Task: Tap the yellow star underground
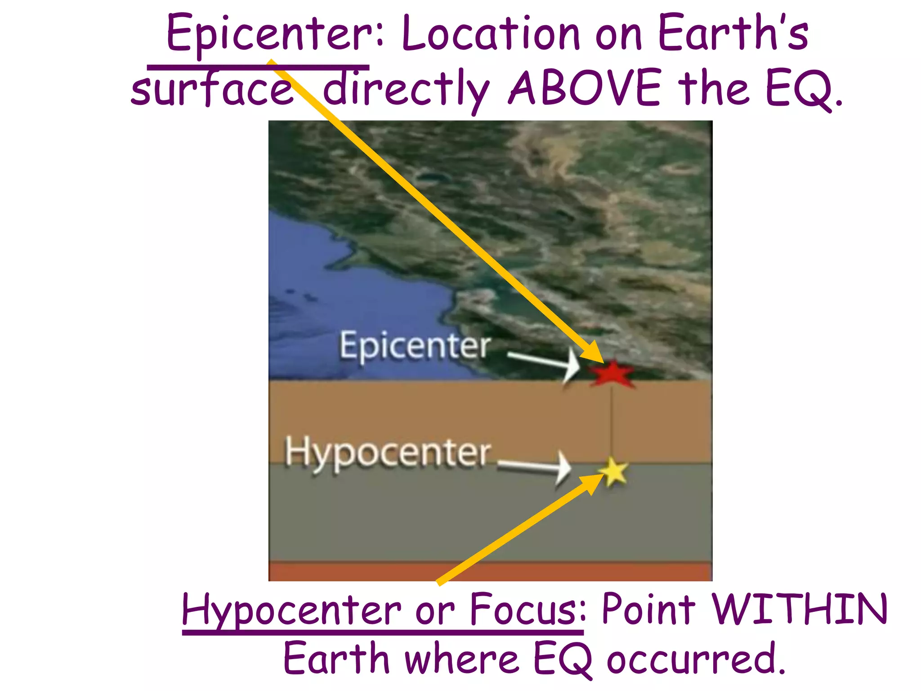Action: click(x=613, y=471)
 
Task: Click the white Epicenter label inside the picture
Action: click(x=415, y=346)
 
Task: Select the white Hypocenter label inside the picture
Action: click(x=388, y=453)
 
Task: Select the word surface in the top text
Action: click(x=211, y=90)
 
